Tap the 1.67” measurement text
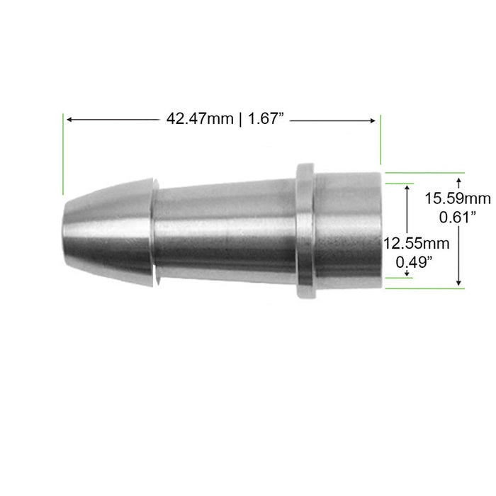click(x=266, y=119)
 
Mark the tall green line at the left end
click(x=63, y=152)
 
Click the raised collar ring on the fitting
click(x=305, y=230)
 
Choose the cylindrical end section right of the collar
click(x=347, y=230)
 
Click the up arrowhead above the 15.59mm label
click(x=459, y=182)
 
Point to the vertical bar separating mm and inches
click(x=242, y=119)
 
